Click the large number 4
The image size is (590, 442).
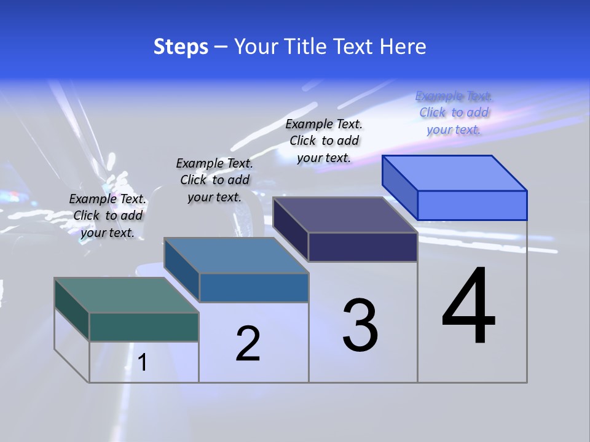tap(468, 307)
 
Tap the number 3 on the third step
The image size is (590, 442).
tap(360, 325)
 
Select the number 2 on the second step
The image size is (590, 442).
tap(248, 344)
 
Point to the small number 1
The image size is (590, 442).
tap(143, 363)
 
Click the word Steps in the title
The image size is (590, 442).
tap(181, 47)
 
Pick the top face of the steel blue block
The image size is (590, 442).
tap(236, 255)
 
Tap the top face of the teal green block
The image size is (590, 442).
tap(127, 295)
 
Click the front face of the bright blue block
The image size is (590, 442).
tap(472, 205)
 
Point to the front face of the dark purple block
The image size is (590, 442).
tap(363, 247)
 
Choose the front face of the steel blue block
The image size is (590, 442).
tap(254, 287)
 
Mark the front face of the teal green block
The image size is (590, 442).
tap(144, 327)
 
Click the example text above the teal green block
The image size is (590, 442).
tap(108, 215)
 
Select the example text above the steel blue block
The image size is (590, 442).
tap(214, 180)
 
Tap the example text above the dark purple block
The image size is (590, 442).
tap(324, 141)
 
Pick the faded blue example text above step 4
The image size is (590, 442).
tap(454, 112)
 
